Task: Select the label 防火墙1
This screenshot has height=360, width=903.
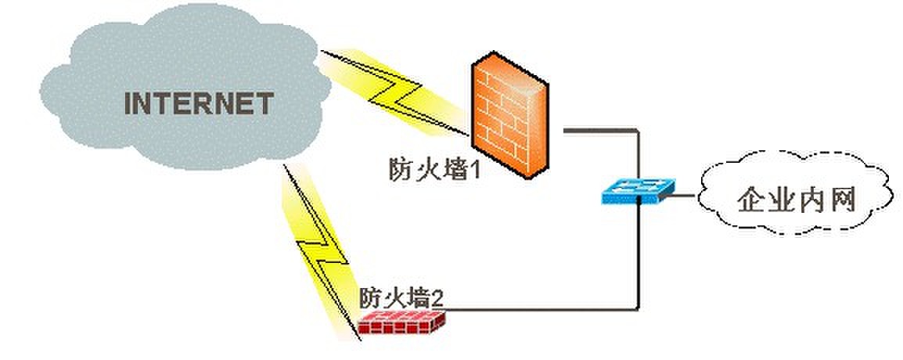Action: click(433, 168)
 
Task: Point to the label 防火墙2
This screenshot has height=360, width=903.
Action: click(402, 297)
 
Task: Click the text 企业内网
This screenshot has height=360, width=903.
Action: click(794, 200)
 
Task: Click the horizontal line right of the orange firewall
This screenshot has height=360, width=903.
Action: click(599, 128)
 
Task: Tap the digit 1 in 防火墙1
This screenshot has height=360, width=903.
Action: click(471, 169)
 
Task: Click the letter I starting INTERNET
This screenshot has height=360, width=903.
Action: click(129, 103)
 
